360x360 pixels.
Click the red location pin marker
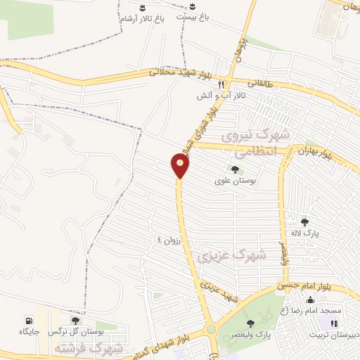tap(180, 165)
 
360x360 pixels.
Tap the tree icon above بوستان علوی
tap(234, 169)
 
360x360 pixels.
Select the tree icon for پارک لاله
tap(304, 221)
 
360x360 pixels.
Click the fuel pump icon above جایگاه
tap(28, 320)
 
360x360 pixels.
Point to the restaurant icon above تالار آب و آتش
tap(221, 83)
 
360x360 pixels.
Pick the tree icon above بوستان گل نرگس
tap(75, 321)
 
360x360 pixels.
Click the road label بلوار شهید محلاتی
tap(180, 72)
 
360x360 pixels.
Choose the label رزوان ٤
tap(169, 240)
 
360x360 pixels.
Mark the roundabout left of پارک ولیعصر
tap(211, 329)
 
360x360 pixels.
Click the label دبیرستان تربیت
tap(336, 335)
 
